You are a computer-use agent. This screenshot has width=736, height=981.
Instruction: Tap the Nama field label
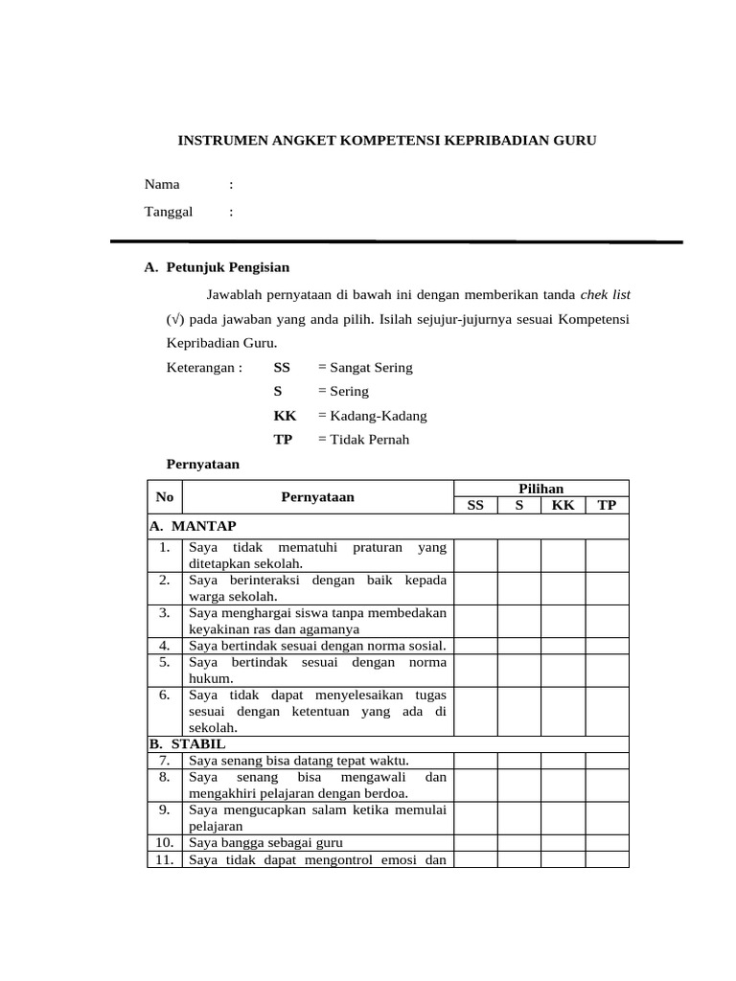point(162,185)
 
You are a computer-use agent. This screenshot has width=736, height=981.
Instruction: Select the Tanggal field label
point(169,212)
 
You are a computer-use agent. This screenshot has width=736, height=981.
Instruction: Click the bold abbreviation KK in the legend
point(285,416)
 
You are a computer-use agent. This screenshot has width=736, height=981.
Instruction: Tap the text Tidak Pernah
point(362,440)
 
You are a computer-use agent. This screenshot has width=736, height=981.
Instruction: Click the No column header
point(165,497)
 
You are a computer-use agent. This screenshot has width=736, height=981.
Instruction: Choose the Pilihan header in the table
point(541,489)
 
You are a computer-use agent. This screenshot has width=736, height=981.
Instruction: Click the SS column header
point(475,505)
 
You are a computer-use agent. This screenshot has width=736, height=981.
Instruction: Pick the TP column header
point(607,505)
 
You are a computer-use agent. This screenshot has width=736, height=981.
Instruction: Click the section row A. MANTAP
point(194,526)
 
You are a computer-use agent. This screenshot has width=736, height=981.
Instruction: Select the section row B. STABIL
point(188,743)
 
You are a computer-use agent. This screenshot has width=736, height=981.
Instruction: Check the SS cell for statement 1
point(475,555)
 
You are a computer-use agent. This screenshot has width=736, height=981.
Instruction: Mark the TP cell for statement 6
point(607,711)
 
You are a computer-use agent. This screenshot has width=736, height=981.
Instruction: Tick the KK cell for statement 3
point(563,621)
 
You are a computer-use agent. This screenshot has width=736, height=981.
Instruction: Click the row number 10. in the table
point(165,842)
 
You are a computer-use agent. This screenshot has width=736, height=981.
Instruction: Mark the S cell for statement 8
point(518,785)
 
